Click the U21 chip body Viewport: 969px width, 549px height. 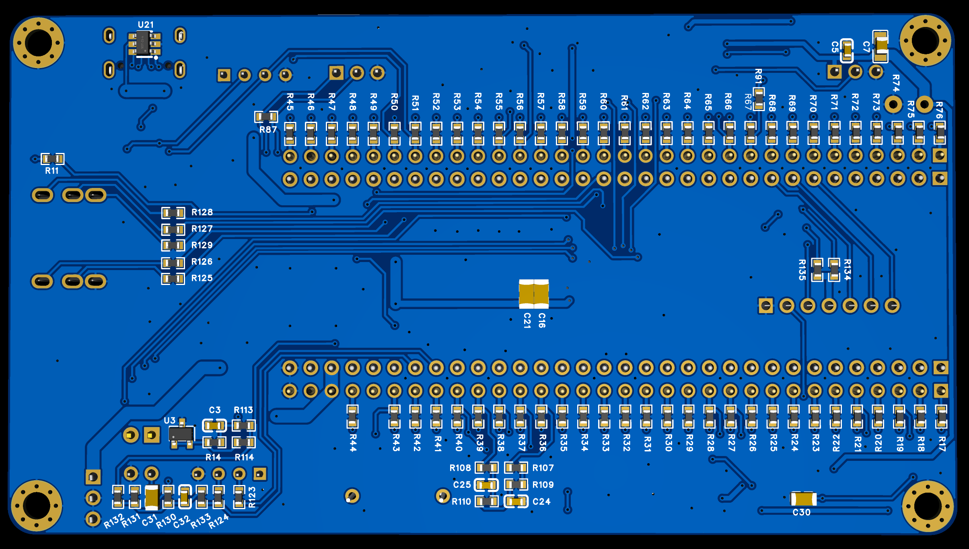pyautogui.click(x=143, y=43)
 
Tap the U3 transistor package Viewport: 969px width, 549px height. pyautogui.click(x=181, y=434)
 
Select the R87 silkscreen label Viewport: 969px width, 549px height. pyautogui.click(x=268, y=130)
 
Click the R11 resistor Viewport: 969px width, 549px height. pyautogui.click(x=53, y=159)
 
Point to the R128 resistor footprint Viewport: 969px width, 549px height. pyautogui.click(x=173, y=213)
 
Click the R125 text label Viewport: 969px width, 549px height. pyautogui.click(x=202, y=278)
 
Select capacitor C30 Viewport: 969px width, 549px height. pyautogui.click(x=803, y=499)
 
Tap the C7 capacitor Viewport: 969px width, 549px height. pyautogui.click(x=881, y=46)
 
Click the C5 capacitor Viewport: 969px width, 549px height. pyautogui.click(x=847, y=51)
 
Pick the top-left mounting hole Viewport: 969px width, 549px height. pyautogui.click(x=38, y=43)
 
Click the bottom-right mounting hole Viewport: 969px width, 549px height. pyautogui.click(x=928, y=506)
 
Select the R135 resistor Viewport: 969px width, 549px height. pyautogui.click(x=817, y=270)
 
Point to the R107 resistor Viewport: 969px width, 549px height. pyautogui.click(x=516, y=468)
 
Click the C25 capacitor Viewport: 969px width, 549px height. pyautogui.click(x=486, y=485)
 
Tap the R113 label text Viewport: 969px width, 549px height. pyautogui.click(x=243, y=410)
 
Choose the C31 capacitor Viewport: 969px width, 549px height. pyautogui.click(x=151, y=497)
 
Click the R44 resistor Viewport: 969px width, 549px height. pyautogui.click(x=353, y=417)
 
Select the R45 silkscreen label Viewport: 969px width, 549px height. pyautogui.click(x=290, y=101)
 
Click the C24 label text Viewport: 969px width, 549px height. pyautogui.click(x=541, y=502)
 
